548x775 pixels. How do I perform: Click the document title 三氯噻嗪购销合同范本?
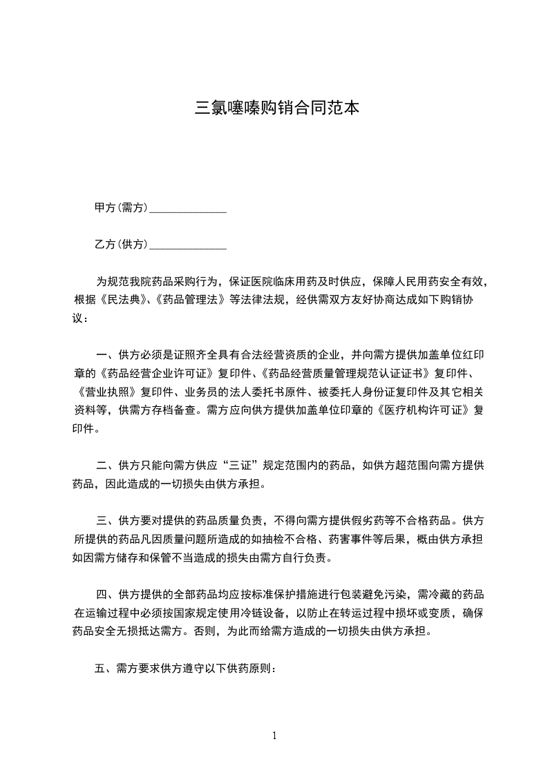277,108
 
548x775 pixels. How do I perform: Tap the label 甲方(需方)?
121,207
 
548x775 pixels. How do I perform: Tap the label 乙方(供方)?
121,245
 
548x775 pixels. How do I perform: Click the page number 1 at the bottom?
275,735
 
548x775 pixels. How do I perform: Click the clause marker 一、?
104,356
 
